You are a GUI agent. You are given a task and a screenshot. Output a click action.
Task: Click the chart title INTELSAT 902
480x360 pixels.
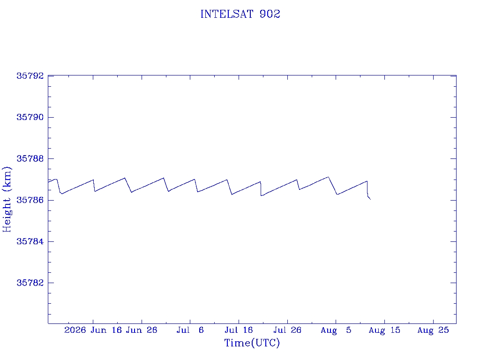pyautogui.click(x=240, y=14)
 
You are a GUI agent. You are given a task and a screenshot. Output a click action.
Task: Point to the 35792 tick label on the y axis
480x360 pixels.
pyautogui.click(x=30, y=76)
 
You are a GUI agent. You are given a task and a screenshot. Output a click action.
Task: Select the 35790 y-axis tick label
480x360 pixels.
pyautogui.click(x=30, y=117)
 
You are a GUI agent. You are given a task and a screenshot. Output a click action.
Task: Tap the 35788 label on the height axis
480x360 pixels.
pyautogui.click(x=30, y=158)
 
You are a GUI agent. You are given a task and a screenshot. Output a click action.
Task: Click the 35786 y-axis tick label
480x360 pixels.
pyautogui.click(x=30, y=200)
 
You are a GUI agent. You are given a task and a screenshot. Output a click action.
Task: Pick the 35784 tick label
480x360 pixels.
pyautogui.click(x=30, y=241)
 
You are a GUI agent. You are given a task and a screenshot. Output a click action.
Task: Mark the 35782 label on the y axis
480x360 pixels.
pyautogui.click(x=30, y=283)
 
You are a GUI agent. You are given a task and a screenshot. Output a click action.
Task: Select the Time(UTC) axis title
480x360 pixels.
pyautogui.click(x=252, y=343)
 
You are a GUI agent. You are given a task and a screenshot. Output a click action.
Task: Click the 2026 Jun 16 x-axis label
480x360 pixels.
pyautogui.click(x=93, y=330)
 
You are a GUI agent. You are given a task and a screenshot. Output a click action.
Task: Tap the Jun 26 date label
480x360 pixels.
pyautogui.click(x=142, y=330)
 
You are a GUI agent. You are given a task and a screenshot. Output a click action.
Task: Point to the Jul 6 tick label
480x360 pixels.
pyautogui.click(x=190, y=330)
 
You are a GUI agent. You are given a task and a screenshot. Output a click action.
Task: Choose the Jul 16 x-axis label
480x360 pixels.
pyautogui.click(x=239, y=330)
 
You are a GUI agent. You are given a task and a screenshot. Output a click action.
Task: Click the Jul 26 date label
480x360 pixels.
pyautogui.click(x=287, y=330)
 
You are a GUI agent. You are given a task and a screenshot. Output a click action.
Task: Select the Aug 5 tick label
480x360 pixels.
pyautogui.click(x=336, y=330)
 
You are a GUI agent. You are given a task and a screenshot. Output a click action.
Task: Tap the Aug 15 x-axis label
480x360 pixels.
pyautogui.click(x=384, y=330)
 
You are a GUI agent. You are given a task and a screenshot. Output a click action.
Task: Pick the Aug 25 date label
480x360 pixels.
pyautogui.click(x=433, y=330)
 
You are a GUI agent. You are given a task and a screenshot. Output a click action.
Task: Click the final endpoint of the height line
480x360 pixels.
pyautogui.click(x=370, y=199)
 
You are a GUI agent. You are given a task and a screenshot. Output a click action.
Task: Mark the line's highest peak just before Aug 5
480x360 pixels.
pyautogui.click(x=328, y=177)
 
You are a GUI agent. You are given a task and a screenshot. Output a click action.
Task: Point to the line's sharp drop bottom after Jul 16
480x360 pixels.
pyautogui.click(x=261, y=195)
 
